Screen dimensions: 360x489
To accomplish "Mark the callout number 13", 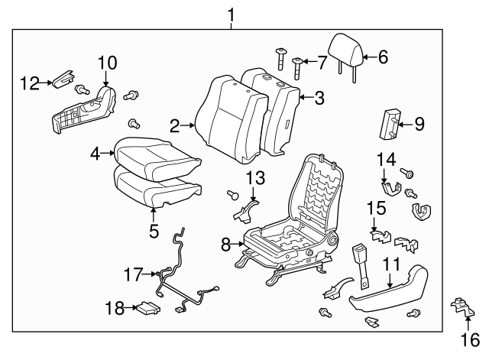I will (254, 178).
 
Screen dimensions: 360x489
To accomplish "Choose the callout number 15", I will (374, 207).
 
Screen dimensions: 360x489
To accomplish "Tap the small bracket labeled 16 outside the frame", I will (460, 309).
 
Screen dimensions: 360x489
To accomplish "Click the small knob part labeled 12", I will (62, 77).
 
